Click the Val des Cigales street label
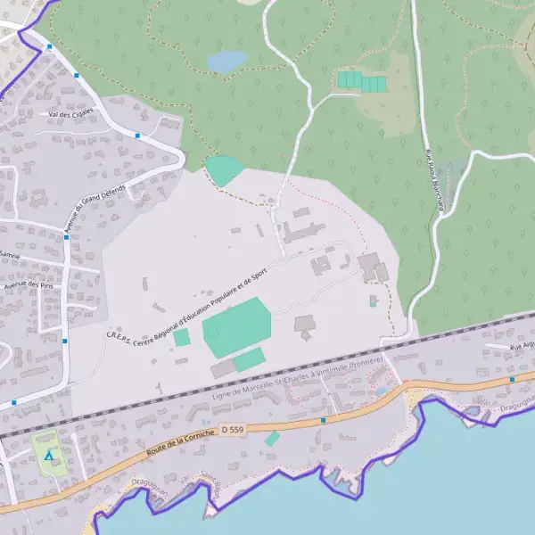pyautogui.click(x=70, y=115)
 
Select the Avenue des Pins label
pyautogui.click(x=29, y=285)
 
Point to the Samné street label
pyautogui.click(x=11, y=254)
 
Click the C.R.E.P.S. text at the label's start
pyautogui.click(x=119, y=335)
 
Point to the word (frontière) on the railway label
pyautogui.click(x=366, y=362)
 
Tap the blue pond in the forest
pyautogui.click(x=226, y=61)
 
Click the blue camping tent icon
pyautogui.click(x=49, y=456)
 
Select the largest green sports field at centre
pyautogui.click(x=236, y=326)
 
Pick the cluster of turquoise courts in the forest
pyautogui.click(x=361, y=81)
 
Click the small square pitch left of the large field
pyautogui.click(x=182, y=338)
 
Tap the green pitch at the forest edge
pyautogui.click(x=223, y=170)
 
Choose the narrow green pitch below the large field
pyautogui.click(x=249, y=359)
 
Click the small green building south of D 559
pyautogui.click(x=272, y=438)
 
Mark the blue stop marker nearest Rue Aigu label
pyautogui.click(x=512, y=379)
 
